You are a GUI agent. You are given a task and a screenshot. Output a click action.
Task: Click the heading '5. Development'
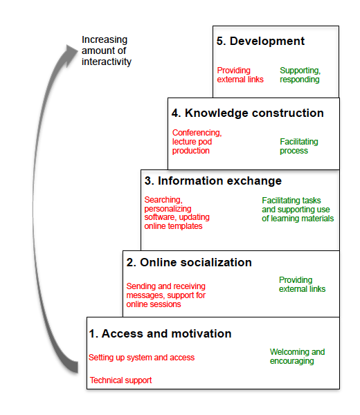(260, 41)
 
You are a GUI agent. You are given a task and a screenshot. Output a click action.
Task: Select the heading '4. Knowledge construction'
(247, 113)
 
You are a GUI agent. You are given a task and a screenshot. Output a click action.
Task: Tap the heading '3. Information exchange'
(213, 181)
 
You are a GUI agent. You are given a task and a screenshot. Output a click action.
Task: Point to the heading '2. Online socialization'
(189, 262)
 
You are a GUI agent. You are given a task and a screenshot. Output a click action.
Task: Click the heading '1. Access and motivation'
(160, 333)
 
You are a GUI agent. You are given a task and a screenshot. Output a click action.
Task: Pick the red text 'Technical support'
(120, 380)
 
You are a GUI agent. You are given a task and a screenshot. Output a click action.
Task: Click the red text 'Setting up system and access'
(141, 358)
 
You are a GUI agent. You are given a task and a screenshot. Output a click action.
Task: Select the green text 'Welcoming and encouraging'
(297, 356)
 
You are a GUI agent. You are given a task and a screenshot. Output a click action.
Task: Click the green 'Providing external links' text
(302, 284)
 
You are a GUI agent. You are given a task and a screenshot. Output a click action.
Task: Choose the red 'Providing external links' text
(240, 75)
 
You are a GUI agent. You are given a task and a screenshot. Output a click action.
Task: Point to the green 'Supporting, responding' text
(300, 75)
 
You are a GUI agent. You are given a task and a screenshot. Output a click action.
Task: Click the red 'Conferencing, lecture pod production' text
(197, 142)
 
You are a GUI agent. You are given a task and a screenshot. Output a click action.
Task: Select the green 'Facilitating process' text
(299, 146)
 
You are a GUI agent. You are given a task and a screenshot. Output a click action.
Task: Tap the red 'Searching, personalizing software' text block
(177, 213)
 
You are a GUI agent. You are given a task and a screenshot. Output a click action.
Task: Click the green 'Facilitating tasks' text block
(298, 210)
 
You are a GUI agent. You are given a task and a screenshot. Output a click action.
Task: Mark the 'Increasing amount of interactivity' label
(107, 50)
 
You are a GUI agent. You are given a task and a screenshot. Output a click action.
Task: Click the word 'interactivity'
(107, 62)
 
